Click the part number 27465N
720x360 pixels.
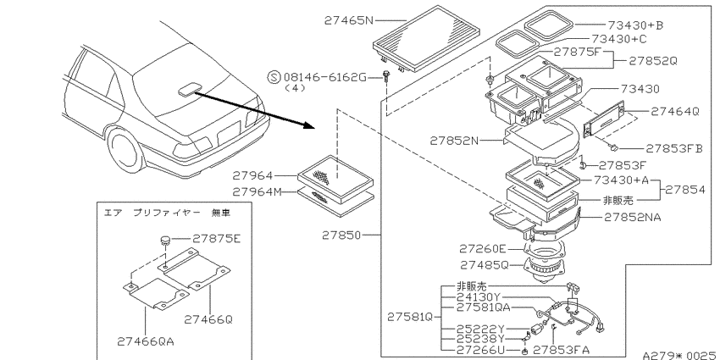[349, 20]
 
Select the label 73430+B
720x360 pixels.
[635, 25]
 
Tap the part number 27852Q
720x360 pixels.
[652, 61]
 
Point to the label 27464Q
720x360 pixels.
[674, 111]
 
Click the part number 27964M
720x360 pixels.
[257, 191]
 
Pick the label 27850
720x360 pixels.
[341, 235]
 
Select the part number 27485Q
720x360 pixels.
[485, 265]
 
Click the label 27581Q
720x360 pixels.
[410, 317]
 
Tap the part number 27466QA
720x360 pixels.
[146, 341]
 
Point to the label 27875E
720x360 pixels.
[216, 238]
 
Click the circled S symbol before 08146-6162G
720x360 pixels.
[274, 77]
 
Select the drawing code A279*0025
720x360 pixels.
[680, 355]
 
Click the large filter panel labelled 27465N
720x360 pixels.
[426, 38]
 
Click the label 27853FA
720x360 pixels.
[561, 350]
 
